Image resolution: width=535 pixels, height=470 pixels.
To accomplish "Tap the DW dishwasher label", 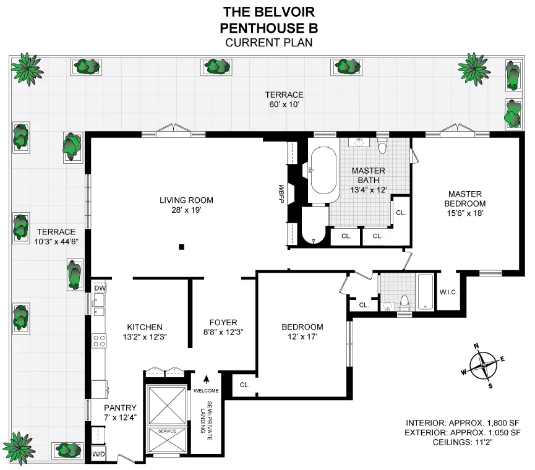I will [x=100, y=288].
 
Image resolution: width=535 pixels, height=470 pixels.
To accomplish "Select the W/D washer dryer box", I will [x=98, y=455].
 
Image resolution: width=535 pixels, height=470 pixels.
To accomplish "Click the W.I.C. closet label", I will [x=448, y=292].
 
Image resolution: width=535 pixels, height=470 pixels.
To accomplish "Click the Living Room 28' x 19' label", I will [x=186, y=205].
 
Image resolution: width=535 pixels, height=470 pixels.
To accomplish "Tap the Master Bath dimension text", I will [x=368, y=190].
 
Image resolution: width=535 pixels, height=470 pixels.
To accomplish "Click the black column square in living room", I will [x=181, y=247].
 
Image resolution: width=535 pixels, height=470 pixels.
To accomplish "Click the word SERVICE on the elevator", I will [x=167, y=431].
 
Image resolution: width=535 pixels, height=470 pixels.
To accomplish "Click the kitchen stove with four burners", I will [x=98, y=340].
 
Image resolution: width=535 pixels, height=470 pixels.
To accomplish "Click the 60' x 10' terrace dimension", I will [x=284, y=105].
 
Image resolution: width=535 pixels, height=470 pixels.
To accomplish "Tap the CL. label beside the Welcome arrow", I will [x=244, y=385].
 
